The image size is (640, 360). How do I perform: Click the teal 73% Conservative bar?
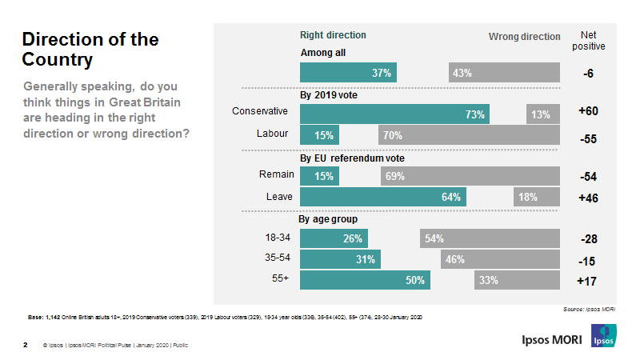pyautogui.click(x=394, y=114)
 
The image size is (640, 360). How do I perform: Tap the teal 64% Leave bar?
pyautogui.click(x=382, y=196)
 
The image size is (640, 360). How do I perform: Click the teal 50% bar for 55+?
pyautogui.click(x=365, y=280)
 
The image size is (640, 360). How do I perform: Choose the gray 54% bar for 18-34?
pyautogui.click(x=489, y=238)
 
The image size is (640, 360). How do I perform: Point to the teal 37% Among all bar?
pyautogui.click(x=348, y=73)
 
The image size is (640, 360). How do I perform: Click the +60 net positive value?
pyautogui.click(x=588, y=110)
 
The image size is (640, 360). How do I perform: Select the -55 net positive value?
pyautogui.click(x=588, y=138)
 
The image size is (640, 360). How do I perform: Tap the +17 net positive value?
pyautogui.click(x=588, y=282)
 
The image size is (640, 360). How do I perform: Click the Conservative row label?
pyautogui.click(x=259, y=111)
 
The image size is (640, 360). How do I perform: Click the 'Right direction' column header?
pyautogui.click(x=333, y=35)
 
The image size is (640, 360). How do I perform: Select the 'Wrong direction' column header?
pyautogui.click(x=525, y=37)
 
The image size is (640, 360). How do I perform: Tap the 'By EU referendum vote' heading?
pyautogui.click(x=351, y=158)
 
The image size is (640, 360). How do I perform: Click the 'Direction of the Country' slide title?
pyautogui.click(x=90, y=49)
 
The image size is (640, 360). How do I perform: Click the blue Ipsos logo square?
pyautogui.click(x=604, y=337)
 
